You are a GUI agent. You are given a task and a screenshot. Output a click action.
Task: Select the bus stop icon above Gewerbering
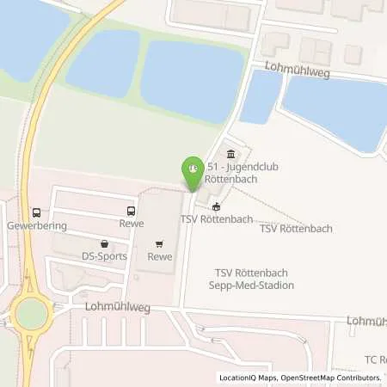36,212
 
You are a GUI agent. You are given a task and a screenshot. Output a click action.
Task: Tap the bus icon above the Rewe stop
131,211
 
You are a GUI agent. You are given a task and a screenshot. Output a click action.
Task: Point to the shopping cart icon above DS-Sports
104,243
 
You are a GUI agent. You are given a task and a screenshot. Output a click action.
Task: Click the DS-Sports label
104,256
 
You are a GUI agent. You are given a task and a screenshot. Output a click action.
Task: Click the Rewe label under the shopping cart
160,256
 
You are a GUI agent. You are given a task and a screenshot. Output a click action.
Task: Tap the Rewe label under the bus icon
131,224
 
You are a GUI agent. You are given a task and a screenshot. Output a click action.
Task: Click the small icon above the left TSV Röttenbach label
216,206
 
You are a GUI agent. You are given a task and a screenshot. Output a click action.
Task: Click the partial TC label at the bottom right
374,357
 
